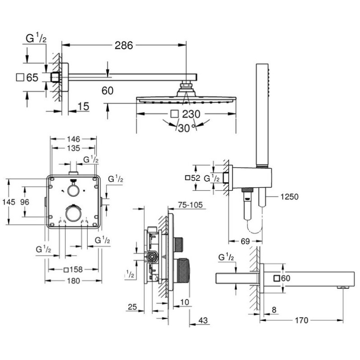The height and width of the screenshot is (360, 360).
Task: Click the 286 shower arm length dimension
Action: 124,45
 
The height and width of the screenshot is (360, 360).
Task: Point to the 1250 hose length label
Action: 289,197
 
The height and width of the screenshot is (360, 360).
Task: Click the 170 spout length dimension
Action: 301,320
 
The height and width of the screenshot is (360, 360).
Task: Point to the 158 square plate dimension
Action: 74,270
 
